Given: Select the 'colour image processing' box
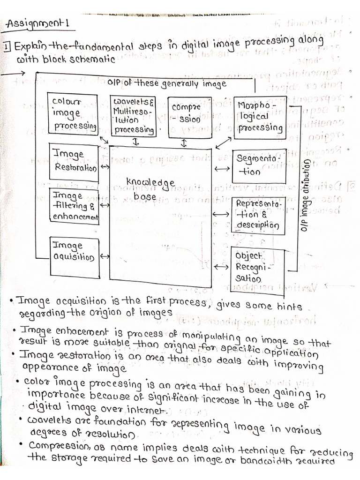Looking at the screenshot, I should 73,113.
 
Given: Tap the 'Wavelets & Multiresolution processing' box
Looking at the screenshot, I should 134,114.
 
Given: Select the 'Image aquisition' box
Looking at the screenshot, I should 74,251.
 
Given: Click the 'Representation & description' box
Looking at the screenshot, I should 258,214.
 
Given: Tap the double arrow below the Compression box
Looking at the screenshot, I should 184,142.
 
